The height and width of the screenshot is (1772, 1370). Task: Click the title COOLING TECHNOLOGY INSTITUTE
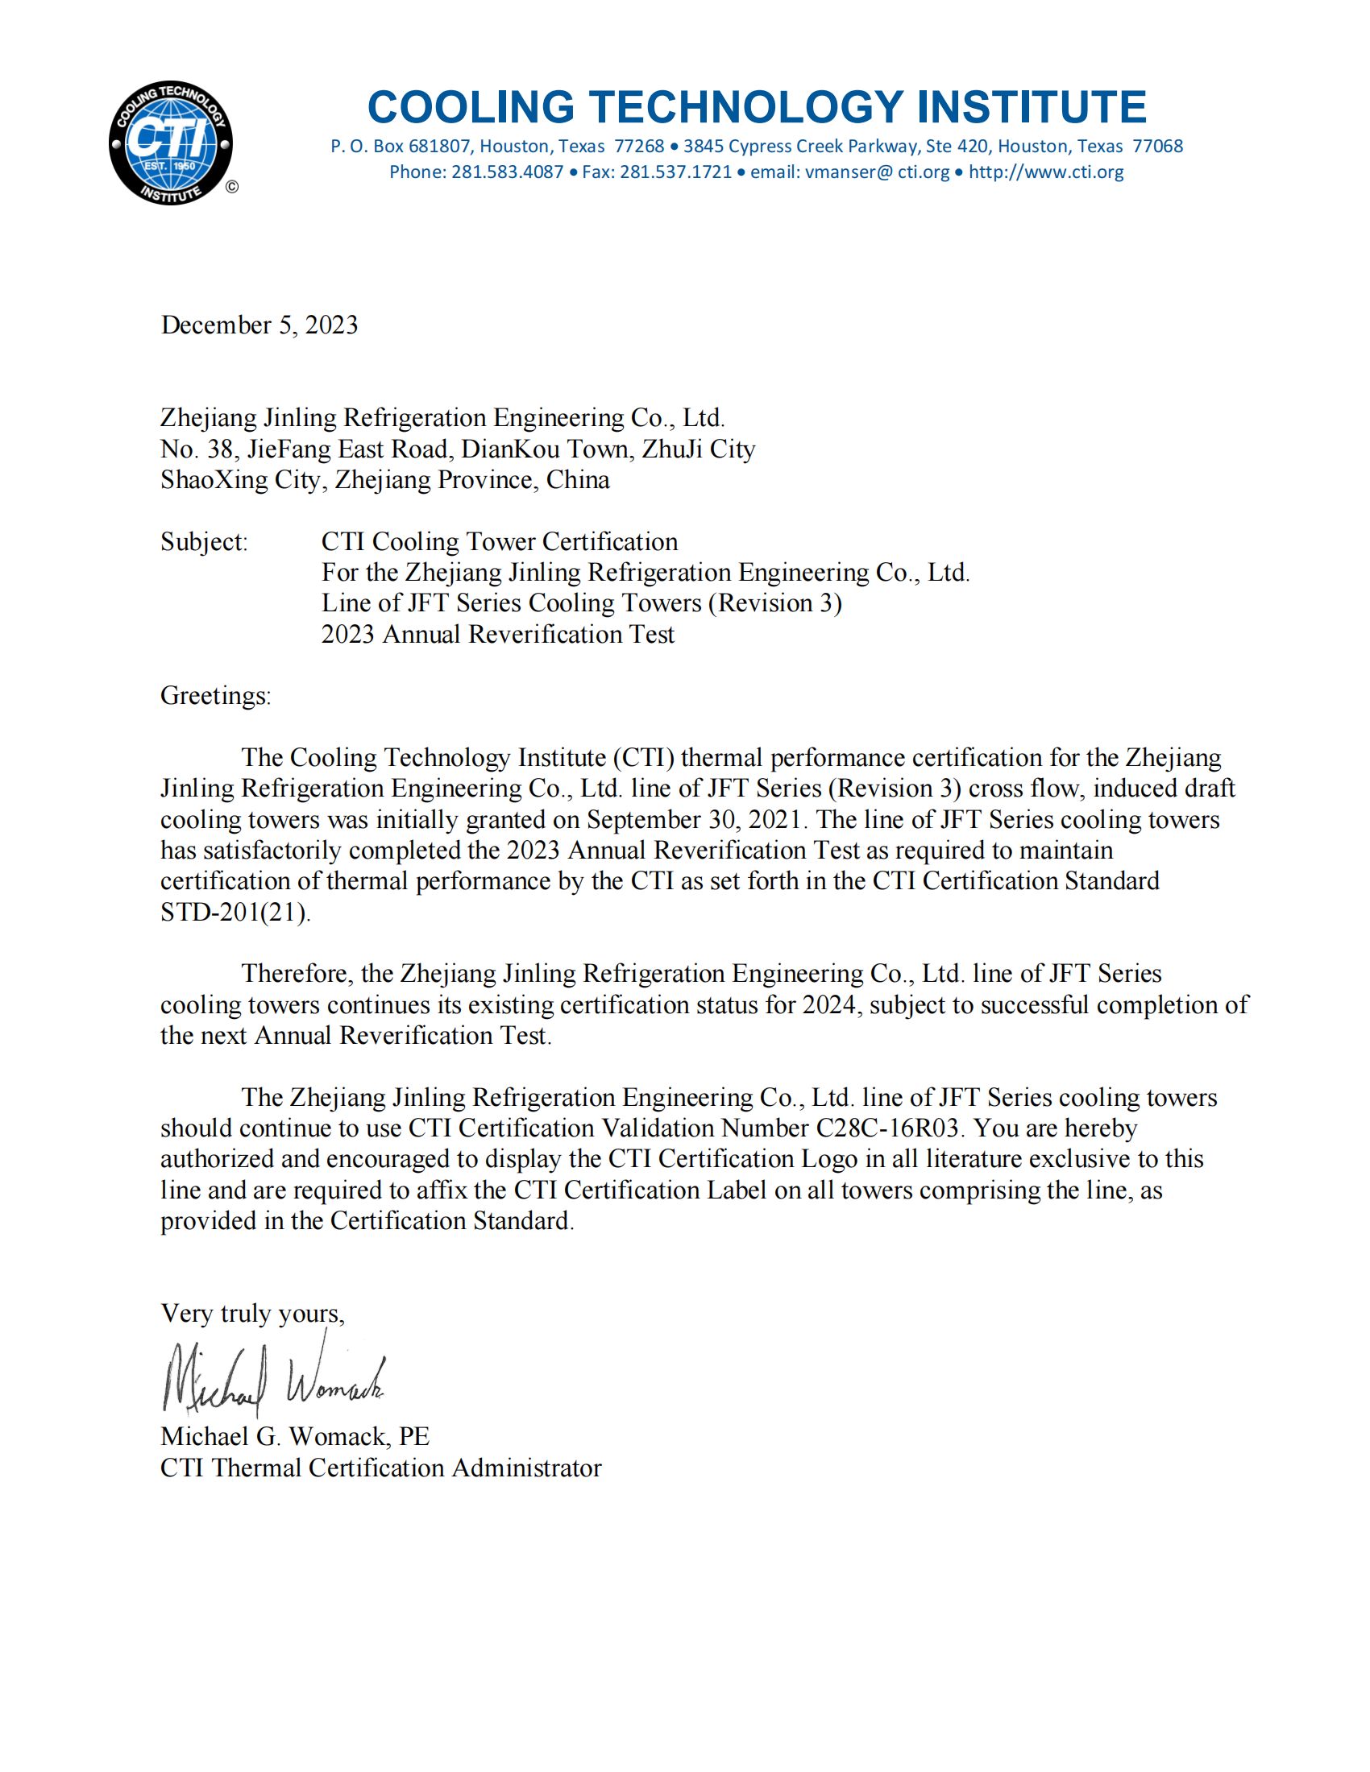pyautogui.click(x=757, y=107)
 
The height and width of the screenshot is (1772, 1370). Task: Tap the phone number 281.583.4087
pyautogui.click(x=507, y=172)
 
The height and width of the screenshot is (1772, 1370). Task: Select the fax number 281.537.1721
pyautogui.click(x=676, y=172)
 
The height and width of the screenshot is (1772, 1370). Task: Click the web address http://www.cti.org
pyautogui.click(x=1046, y=172)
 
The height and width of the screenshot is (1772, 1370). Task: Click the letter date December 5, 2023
pyautogui.click(x=259, y=325)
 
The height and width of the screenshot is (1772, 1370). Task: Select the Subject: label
pyautogui.click(x=204, y=542)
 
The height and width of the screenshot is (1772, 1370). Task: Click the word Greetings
pyautogui.click(x=215, y=696)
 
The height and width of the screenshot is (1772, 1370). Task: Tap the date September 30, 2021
pyautogui.click(x=696, y=819)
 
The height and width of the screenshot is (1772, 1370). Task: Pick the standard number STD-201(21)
pyautogui.click(x=235, y=912)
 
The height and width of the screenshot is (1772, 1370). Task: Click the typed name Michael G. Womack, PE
pyautogui.click(x=295, y=1437)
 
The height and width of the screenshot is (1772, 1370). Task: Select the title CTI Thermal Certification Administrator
pyautogui.click(x=380, y=1468)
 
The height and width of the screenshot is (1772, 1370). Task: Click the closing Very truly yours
pyautogui.click(x=252, y=1314)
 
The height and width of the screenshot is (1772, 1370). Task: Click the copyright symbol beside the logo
pyautogui.click(x=232, y=188)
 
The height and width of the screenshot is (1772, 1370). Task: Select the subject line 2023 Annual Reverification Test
pyautogui.click(x=497, y=635)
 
